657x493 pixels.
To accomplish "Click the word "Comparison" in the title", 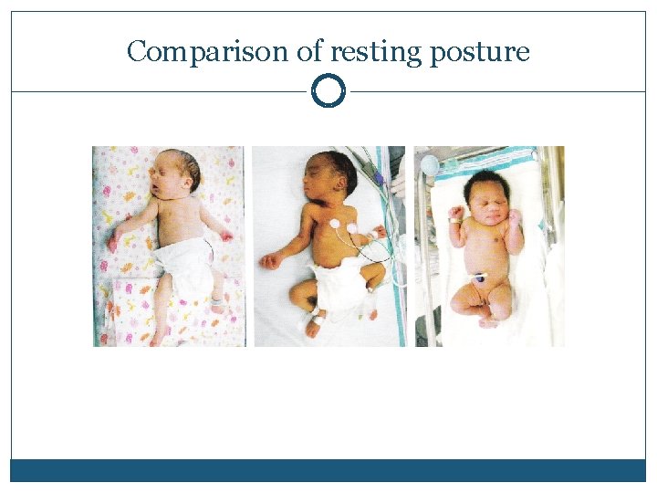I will (210, 52).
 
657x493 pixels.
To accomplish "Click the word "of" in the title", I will (310, 52).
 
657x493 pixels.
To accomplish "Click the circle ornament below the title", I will (328, 91).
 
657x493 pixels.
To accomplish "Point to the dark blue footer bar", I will (328, 470).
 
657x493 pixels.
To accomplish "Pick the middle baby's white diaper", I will (338, 283).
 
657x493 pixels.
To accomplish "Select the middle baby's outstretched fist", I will (269, 261).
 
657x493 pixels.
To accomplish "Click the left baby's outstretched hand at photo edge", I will (113, 242).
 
